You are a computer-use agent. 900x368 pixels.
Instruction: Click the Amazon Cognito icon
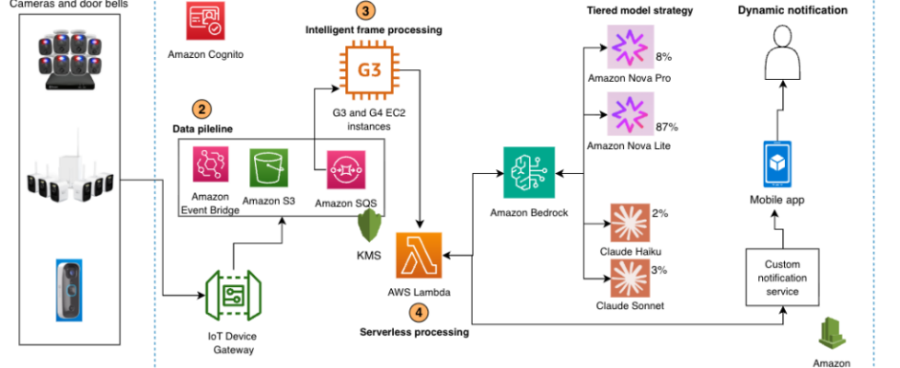point(203,20)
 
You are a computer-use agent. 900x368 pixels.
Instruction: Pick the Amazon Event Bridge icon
point(211,166)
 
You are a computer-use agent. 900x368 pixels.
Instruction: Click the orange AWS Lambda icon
point(418,254)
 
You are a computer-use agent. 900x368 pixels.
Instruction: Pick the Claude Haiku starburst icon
point(629,222)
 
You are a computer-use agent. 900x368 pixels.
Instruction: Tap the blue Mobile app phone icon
point(779,164)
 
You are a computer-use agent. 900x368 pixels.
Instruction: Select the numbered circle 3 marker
point(367,11)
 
